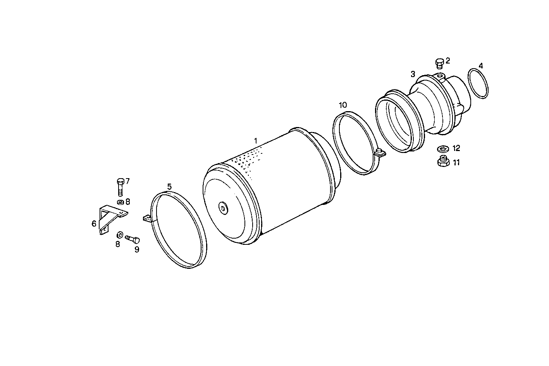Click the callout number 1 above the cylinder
[255, 140]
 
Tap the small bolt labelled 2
[439, 63]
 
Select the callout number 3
[413, 74]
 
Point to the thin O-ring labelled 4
[478, 83]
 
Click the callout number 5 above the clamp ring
[169, 187]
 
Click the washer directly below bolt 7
[120, 202]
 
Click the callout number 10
[343, 105]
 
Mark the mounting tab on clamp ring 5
[147, 219]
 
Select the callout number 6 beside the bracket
[94, 223]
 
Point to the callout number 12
[456, 148]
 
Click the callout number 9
[137, 249]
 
